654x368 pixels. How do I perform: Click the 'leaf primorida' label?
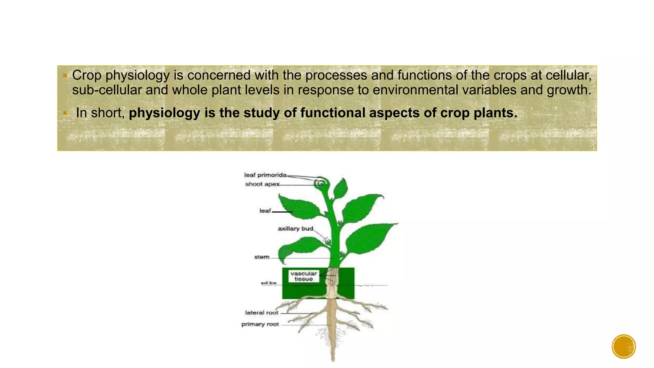pyautogui.click(x=265, y=175)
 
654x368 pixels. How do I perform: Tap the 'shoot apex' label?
pyautogui.click(x=262, y=184)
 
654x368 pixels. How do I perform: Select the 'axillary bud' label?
pyautogui.click(x=295, y=229)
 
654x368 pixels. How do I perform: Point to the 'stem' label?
pyautogui.click(x=262, y=257)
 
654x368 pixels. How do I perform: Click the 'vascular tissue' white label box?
pyautogui.click(x=303, y=276)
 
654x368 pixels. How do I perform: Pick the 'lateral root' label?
pyautogui.click(x=262, y=313)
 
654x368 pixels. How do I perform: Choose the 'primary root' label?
pyautogui.click(x=260, y=324)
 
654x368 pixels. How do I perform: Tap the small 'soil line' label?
pyautogui.click(x=268, y=283)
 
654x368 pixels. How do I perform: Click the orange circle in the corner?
pyautogui.click(x=624, y=347)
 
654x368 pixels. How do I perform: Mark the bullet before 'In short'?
pyautogui.click(x=65, y=113)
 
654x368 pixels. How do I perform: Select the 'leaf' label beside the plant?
pyautogui.click(x=265, y=211)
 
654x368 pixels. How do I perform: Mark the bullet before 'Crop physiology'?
pyautogui.click(x=65, y=76)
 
